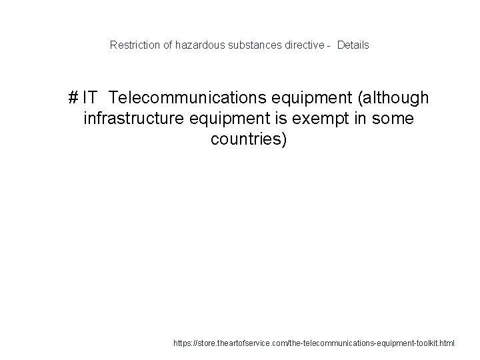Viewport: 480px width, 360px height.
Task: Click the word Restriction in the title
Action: [132, 45]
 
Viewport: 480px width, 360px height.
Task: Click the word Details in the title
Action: [353, 45]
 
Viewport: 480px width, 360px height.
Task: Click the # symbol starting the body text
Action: [73, 99]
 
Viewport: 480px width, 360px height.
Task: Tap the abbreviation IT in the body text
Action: [91, 99]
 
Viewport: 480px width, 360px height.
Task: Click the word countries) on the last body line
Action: [249, 141]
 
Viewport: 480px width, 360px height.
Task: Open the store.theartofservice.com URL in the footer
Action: [313, 343]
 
